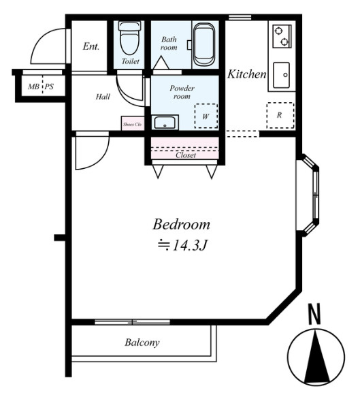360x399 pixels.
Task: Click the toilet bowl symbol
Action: pos(130,37)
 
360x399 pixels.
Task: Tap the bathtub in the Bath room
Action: pos(204,45)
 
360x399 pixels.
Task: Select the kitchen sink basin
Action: pos(281,75)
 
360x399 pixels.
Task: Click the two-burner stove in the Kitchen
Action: pos(282,36)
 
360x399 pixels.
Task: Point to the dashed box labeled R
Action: pos(280,116)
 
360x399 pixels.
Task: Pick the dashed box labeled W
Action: pos(206,116)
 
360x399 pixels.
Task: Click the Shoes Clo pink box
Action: pos(133,123)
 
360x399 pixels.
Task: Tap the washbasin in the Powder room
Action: pos(165,123)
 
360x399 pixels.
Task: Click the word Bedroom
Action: pos(182,224)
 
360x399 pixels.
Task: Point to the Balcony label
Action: pos(142,342)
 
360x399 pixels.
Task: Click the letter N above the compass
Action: pos(314,314)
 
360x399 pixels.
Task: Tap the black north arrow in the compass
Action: pos(316,356)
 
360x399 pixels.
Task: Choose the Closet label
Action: pos(186,155)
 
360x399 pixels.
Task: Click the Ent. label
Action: pos(91,46)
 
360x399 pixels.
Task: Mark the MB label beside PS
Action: pos(33,87)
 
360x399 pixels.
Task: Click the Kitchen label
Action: pos(246,74)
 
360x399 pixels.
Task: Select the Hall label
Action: pos(103,97)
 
